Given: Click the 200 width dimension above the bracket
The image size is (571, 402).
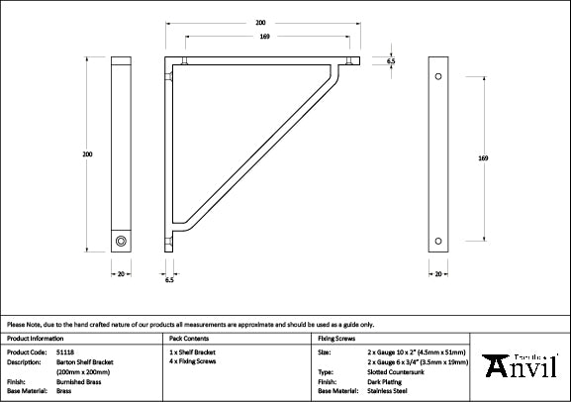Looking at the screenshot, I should click(260, 21).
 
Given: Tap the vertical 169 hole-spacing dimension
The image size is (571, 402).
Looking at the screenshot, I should click(482, 158).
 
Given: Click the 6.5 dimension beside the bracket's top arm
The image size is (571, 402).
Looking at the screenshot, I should click(391, 61).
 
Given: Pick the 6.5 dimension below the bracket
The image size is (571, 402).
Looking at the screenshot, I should click(169, 280).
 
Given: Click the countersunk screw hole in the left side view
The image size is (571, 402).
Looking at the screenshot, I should click(121, 241).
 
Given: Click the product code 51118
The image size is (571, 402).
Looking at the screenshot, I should click(65, 352).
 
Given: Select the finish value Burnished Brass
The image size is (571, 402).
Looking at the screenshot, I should click(78, 380).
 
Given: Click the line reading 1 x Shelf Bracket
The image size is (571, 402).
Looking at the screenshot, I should click(192, 352).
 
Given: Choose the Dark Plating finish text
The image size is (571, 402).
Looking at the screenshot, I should click(381, 380).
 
